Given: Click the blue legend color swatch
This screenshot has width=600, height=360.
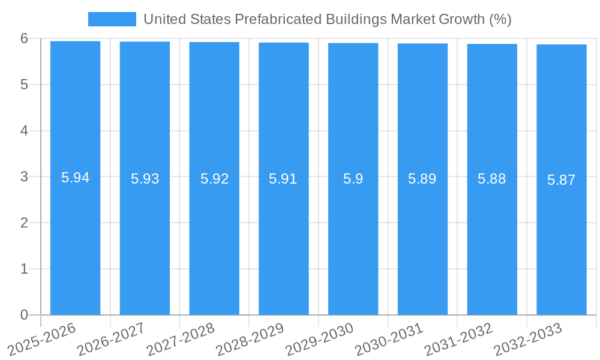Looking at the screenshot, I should pos(112,19).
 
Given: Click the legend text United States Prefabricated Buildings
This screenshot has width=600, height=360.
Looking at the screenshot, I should pos(327,19).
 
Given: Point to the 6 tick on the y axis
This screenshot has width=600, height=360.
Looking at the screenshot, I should pos(24,38).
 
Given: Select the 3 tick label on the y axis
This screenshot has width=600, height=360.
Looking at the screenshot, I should pos(24,177).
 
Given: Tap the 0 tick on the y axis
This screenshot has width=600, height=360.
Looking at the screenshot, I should pos(24,315).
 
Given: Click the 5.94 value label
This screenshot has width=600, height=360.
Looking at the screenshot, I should pos(75,178).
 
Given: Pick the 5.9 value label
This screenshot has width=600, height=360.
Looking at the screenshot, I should pos(353,179).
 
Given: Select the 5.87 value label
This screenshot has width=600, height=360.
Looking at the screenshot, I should pos(561,180).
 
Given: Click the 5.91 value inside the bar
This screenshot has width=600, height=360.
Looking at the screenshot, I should pos(283,179).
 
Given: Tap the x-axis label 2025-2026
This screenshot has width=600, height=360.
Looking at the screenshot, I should pos(43,338).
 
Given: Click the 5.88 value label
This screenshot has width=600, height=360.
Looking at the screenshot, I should pos(491,179).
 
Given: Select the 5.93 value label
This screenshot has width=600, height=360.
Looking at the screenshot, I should pos(145,179).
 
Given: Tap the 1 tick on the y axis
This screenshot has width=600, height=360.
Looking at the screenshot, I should pos(24,269).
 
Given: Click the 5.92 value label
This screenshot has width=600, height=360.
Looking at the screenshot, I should pos(214,179).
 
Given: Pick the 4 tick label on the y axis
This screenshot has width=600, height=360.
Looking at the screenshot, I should pos(24,131).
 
